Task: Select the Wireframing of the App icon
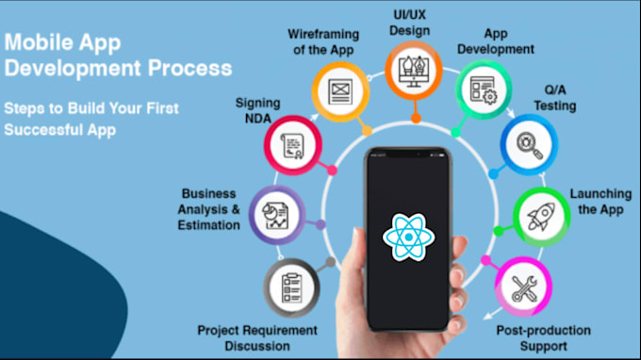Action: click(x=339, y=90)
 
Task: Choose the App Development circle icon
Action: click(x=484, y=91)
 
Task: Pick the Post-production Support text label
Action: click(x=543, y=337)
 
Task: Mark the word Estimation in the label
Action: click(x=208, y=225)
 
